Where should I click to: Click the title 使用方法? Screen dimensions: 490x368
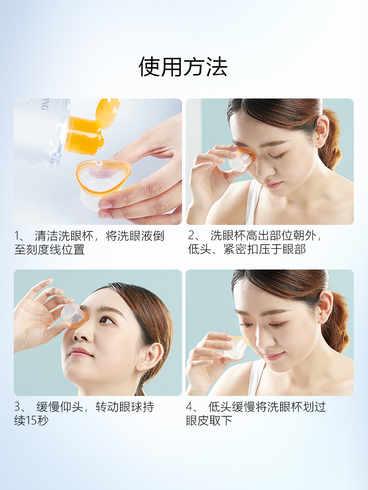tap(184, 67)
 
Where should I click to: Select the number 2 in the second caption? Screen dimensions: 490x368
tap(191, 236)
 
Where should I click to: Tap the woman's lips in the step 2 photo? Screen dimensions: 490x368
tap(273, 184)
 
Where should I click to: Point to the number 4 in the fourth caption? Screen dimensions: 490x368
tap(191, 407)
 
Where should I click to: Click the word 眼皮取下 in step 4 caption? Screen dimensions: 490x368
tap(209, 420)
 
